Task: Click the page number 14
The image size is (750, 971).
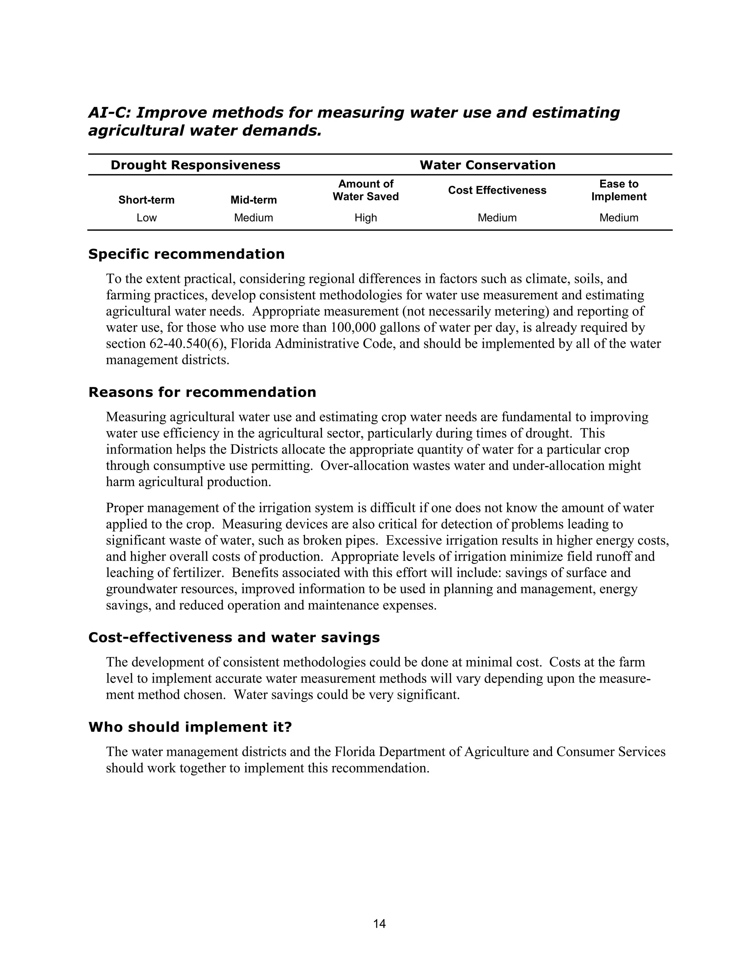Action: [x=379, y=923]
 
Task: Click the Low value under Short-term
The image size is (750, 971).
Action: [x=146, y=218]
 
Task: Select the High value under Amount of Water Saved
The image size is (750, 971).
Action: [x=366, y=218]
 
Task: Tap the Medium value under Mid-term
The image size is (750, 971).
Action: [x=253, y=218]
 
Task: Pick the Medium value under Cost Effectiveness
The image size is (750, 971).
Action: [x=497, y=218]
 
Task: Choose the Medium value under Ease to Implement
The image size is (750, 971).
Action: [x=619, y=218]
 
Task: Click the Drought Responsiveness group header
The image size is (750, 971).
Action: [x=195, y=165]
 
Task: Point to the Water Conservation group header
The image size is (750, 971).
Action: [x=487, y=165]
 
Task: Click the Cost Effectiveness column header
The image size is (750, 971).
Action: [x=497, y=190]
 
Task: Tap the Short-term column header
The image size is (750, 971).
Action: [x=146, y=200]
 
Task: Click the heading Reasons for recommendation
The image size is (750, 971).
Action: [x=202, y=392]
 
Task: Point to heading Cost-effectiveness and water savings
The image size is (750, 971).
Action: [x=234, y=638]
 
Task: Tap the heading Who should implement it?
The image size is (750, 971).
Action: [x=190, y=727]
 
